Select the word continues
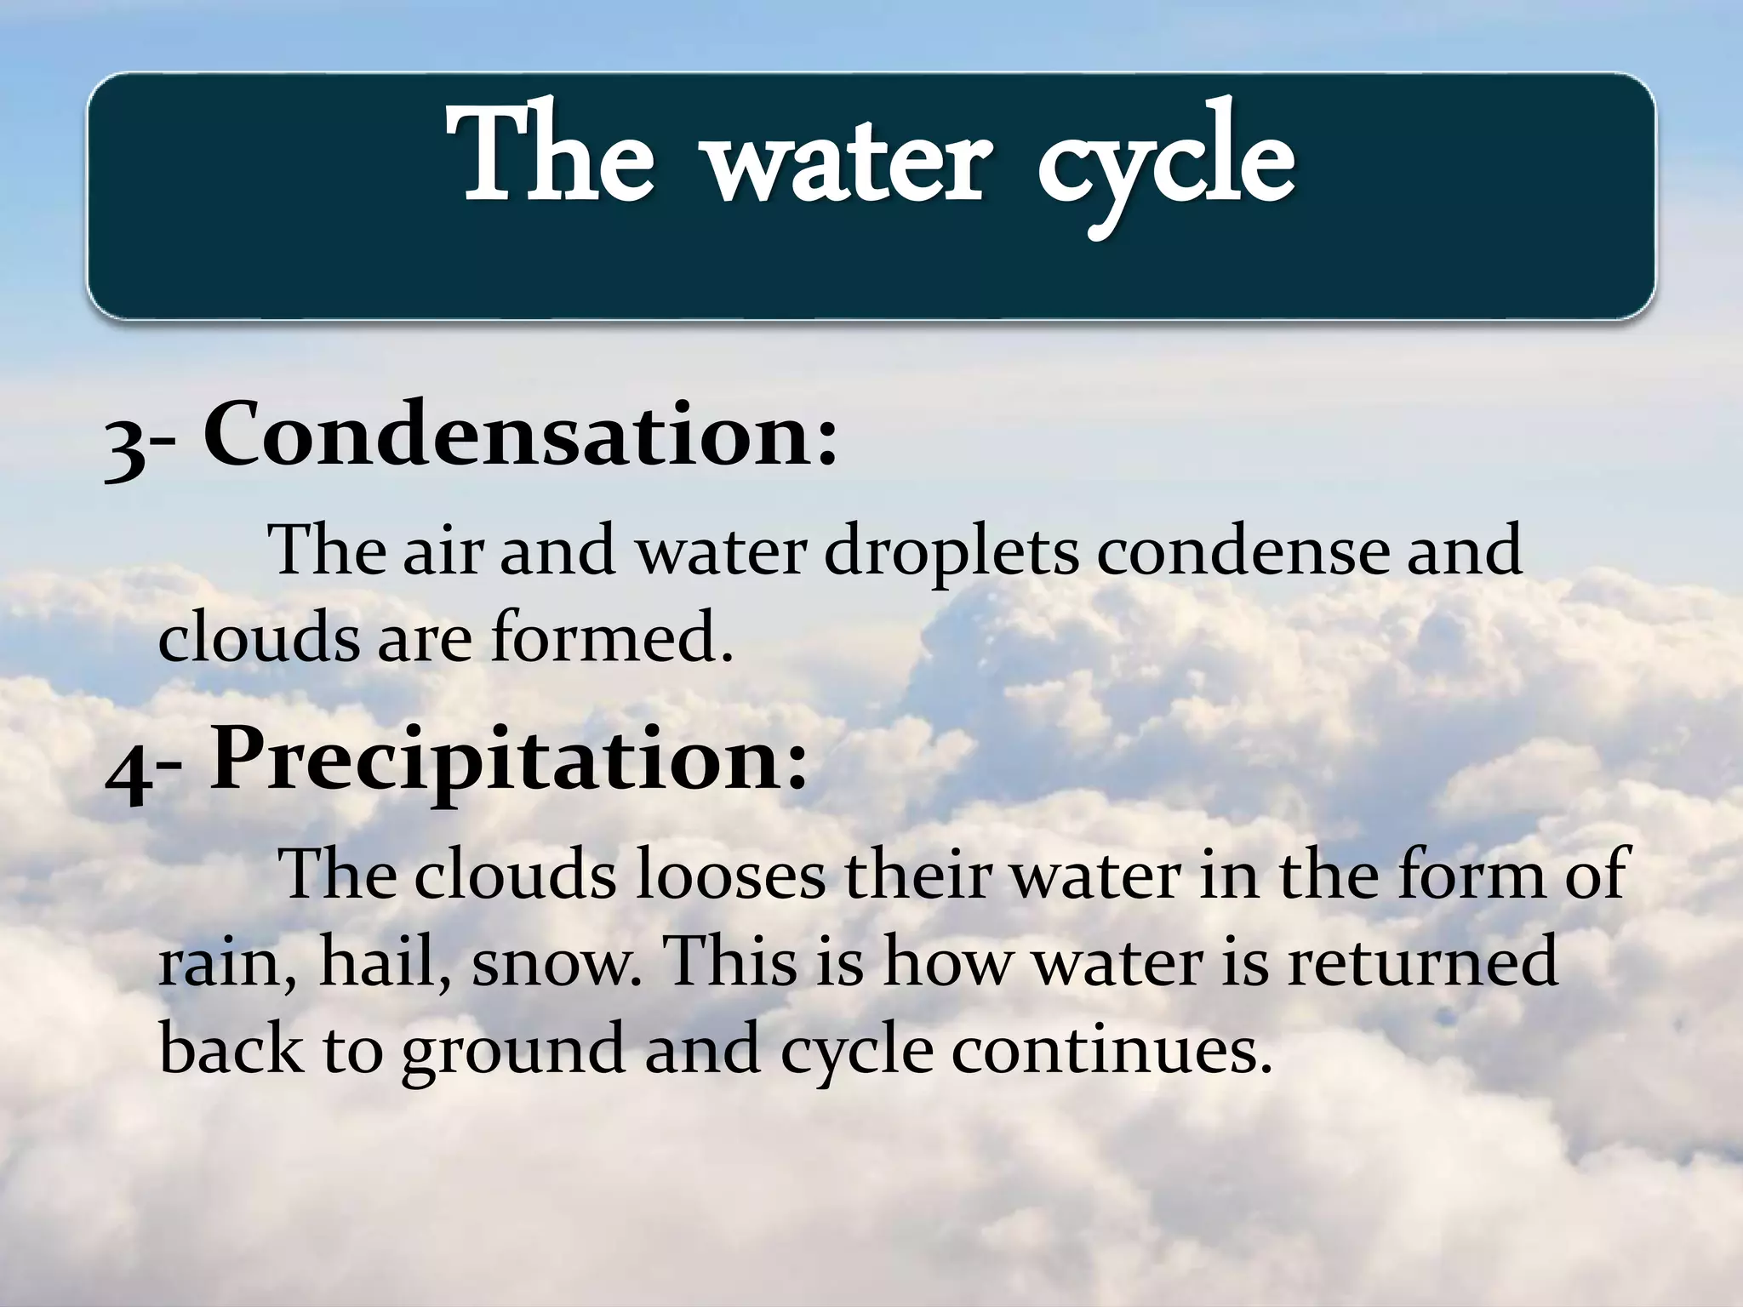(x=1108, y=1050)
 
